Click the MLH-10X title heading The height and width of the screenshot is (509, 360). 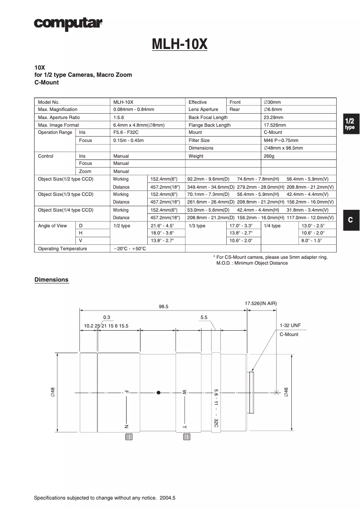[x=180, y=44]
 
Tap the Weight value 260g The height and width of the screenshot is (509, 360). [x=269, y=156]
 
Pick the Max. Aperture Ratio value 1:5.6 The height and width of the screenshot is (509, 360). [x=119, y=117]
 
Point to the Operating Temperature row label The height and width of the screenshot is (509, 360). [x=62, y=248]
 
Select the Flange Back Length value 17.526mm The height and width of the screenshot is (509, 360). [x=275, y=125]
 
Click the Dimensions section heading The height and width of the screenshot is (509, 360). [x=52, y=280]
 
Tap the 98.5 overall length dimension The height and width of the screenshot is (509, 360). [x=163, y=306]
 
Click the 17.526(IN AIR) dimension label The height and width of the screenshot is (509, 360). [x=261, y=304]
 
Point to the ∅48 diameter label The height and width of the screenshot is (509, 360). [x=53, y=392]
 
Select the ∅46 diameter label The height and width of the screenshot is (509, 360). [x=286, y=392]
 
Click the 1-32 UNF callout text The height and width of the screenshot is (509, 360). [x=290, y=325]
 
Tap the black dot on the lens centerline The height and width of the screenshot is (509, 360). [x=158, y=392]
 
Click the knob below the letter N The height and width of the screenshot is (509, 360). [x=128, y=437]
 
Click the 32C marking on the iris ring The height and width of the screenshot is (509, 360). [x=216, y=423]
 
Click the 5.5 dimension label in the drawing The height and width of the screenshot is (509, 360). [x=204, y=317]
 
